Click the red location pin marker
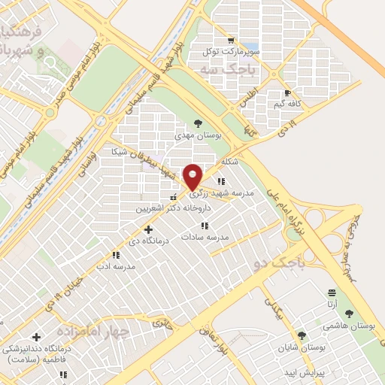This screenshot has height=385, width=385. (x=193, y=176)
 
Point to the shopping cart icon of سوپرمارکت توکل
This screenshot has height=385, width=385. (x=231, y=41)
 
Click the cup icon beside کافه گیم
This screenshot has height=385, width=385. (x=286, y=94)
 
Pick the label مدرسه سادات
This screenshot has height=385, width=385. (x=204, y=237)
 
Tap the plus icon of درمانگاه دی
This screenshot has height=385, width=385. (x=148, y=229)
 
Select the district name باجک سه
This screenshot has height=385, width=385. (x=229, y=68)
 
